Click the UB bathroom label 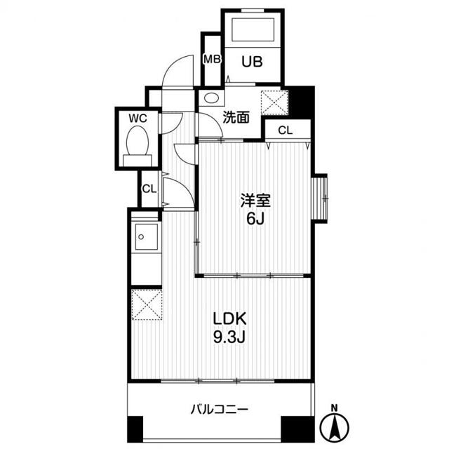253,62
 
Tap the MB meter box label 211,58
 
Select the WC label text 138,119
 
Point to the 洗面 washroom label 236,117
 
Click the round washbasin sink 212,99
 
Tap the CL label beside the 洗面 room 285,130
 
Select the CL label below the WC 149,189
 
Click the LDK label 229,317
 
